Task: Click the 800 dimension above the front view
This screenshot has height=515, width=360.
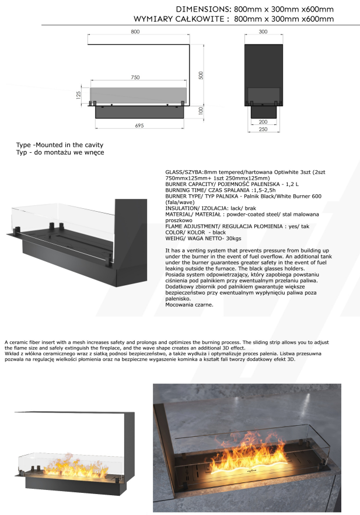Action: [x=135, y=31]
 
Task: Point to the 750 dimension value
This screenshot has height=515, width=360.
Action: [x=135, y=78]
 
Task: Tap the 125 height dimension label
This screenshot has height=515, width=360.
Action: [x=78, y=96]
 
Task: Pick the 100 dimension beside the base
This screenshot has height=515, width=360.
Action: [x=200, y=111]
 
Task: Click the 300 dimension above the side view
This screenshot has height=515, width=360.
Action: [x=263, y=31]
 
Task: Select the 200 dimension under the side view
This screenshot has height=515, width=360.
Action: [x=263, y=122]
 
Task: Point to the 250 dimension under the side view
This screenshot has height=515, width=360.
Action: [x=263, y=129]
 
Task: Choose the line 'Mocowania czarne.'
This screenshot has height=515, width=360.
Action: [x=190, y=304]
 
